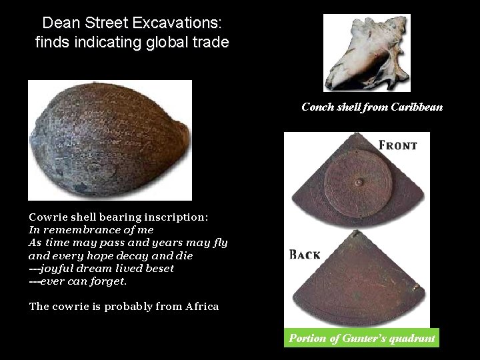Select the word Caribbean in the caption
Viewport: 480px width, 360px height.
pyautogui.click(x=417, y=107)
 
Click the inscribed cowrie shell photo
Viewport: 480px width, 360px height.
pyautogui.click(x=109, y=140)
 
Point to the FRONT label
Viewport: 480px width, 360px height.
pyautogui.click(x=397, y=145)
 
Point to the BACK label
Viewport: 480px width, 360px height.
pyautogui.click(x=305, y=255)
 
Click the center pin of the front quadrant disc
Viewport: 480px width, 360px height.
pyautogui.click(x=358, y=182)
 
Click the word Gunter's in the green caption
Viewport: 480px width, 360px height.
pyautogui.click(x=365, y=338)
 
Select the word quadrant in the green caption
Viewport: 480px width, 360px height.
pyautogui.click(x=411, y=338)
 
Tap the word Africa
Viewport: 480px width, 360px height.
pyautogui.click(x=202, y=307)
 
